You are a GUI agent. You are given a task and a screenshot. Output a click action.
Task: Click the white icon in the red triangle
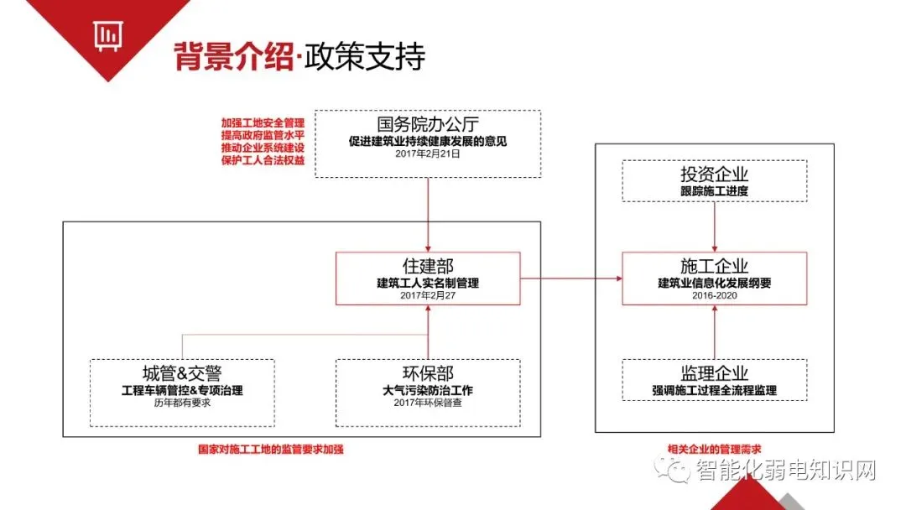click(106, 36)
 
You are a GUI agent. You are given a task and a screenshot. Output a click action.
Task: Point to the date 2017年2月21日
click(428, 154)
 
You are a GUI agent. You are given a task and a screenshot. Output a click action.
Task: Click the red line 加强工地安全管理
click(263, 122)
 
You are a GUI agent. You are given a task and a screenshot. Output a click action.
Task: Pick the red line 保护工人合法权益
click(263, 160)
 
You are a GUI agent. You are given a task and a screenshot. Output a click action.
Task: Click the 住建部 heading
click(428, 266)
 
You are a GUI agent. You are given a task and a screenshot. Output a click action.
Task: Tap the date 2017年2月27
click(428, 295)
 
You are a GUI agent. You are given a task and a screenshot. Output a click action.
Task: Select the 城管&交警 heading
click(182, 373)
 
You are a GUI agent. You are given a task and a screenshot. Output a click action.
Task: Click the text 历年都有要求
click(182, 403)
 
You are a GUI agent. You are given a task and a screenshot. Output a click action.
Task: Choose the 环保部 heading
click(428, 373)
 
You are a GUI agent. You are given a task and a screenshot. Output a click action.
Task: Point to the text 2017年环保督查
click(428, 403)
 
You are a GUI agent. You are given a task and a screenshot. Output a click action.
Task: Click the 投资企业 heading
click(714, 174)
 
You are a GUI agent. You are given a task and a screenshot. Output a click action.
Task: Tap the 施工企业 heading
click(714, 266)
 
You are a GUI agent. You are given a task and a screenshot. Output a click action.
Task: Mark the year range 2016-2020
click(714, 295)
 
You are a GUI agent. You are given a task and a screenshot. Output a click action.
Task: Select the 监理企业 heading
click(714, 373)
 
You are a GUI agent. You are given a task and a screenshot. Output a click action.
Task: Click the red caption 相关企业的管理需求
click(714, 449)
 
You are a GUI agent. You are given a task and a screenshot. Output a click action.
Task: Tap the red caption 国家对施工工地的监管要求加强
click(270, 449)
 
